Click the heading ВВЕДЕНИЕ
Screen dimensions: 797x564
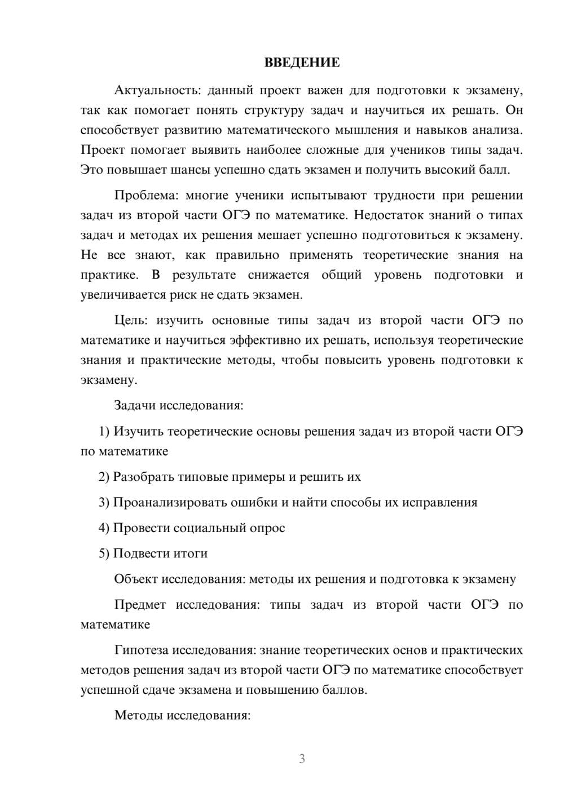coord(302,63)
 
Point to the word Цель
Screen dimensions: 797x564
coord(131,320)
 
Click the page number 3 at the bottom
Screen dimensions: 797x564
coord(302,759)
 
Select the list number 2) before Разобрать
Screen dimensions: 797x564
coord(104,477)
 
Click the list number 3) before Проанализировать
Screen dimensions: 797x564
coord(104,502)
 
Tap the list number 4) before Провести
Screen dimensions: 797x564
coord(104,528)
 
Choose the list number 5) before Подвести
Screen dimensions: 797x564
coord(104,554)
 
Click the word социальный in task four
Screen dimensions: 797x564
coord(208,528)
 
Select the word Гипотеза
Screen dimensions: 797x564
coord(141,650)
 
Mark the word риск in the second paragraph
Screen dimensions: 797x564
coord(215,295)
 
